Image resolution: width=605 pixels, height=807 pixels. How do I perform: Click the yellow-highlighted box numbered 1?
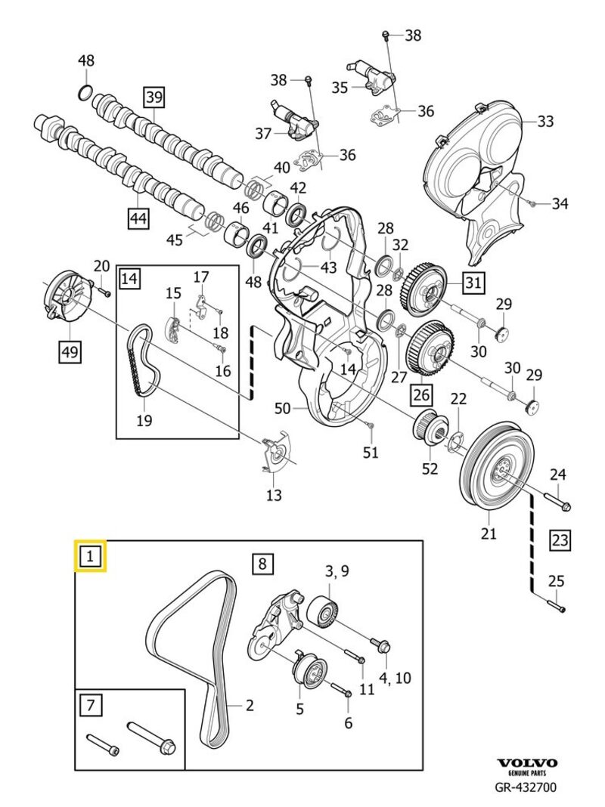pyautogui.click(x=90, y=558)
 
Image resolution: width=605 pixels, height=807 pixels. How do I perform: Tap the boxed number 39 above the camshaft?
pyautogui.click(x=154, y=96)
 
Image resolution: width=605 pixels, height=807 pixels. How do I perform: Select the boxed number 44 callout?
pyautogui.click(x=138, y=218)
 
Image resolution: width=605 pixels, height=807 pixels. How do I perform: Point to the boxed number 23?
pyautogui.click(x=560, y=540)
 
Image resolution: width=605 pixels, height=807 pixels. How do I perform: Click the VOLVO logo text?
pyautogui.click(x=527, y=764)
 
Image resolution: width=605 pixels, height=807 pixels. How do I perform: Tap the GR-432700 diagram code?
pyautogui.click(x=527, y=789)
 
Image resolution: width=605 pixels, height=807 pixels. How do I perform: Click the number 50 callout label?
pyautogui.click(x=282, y=409)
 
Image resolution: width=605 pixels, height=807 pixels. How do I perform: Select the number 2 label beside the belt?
pyautogui.click(x=249, y=707)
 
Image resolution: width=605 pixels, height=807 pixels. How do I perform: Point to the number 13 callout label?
pyautogui.click(x=274, y=495)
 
